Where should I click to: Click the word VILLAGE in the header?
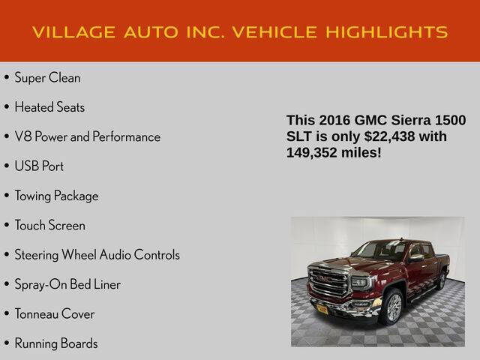71,32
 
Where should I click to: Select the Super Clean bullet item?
47,78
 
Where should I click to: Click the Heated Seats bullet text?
49,107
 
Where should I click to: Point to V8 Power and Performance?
87,137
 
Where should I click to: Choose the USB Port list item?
39,166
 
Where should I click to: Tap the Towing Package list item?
56,196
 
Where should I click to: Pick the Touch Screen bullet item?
49,225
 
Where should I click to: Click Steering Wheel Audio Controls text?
97,255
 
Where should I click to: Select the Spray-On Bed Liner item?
67,284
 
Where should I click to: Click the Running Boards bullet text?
56,343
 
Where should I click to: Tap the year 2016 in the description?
334,121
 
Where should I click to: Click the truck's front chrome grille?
329,283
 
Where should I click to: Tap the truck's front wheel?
392,305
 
